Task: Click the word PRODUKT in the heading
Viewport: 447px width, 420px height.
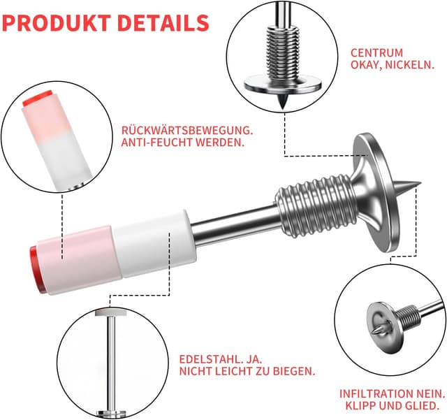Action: pyautogui.click(x=57, y=23)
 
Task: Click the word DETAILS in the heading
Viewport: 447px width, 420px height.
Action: pyautogui.click(x=163, y=23)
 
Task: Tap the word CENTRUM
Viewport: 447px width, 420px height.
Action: pyautogui.click(x=376, y=53)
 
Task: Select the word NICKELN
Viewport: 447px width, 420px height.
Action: pyautogui.click(x=410, y=65)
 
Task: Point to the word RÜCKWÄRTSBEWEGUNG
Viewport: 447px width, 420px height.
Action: pyautogui.click(x=187, y=130)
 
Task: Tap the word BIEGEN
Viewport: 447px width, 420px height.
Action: pyautogui.click(x=294, y=371)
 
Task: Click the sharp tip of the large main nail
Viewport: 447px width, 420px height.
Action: pyautogui.click(x=420, y=182)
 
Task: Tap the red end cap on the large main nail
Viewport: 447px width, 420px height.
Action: pyautogui.click(x=36, y=269)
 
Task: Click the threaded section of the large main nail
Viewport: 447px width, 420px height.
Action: pyautogui.click(x=316, y=205)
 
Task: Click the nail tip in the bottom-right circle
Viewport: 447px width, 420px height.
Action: pyautogui.click(x=377, y=329)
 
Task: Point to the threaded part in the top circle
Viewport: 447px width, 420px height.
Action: pyautogui.click(x=282, y=53)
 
